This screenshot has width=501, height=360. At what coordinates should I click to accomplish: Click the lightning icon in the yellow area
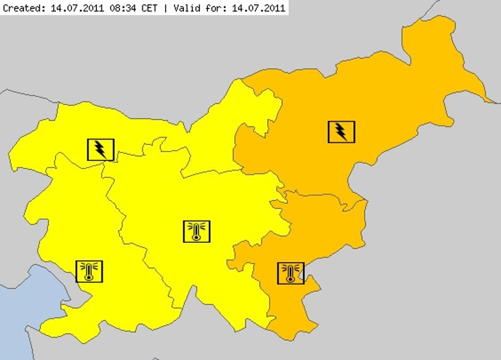(x=100, y=149)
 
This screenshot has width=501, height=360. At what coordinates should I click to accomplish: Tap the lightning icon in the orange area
(x=341, y=132)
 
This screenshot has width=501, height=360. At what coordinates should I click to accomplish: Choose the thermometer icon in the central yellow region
(x=197, y=231)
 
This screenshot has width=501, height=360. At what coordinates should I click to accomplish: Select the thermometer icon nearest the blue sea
(x=89, y=271)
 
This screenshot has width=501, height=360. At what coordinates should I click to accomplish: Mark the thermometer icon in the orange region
(x=290, y=273)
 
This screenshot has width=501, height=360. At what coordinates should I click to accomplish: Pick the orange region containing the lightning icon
(x=384, y=107)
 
